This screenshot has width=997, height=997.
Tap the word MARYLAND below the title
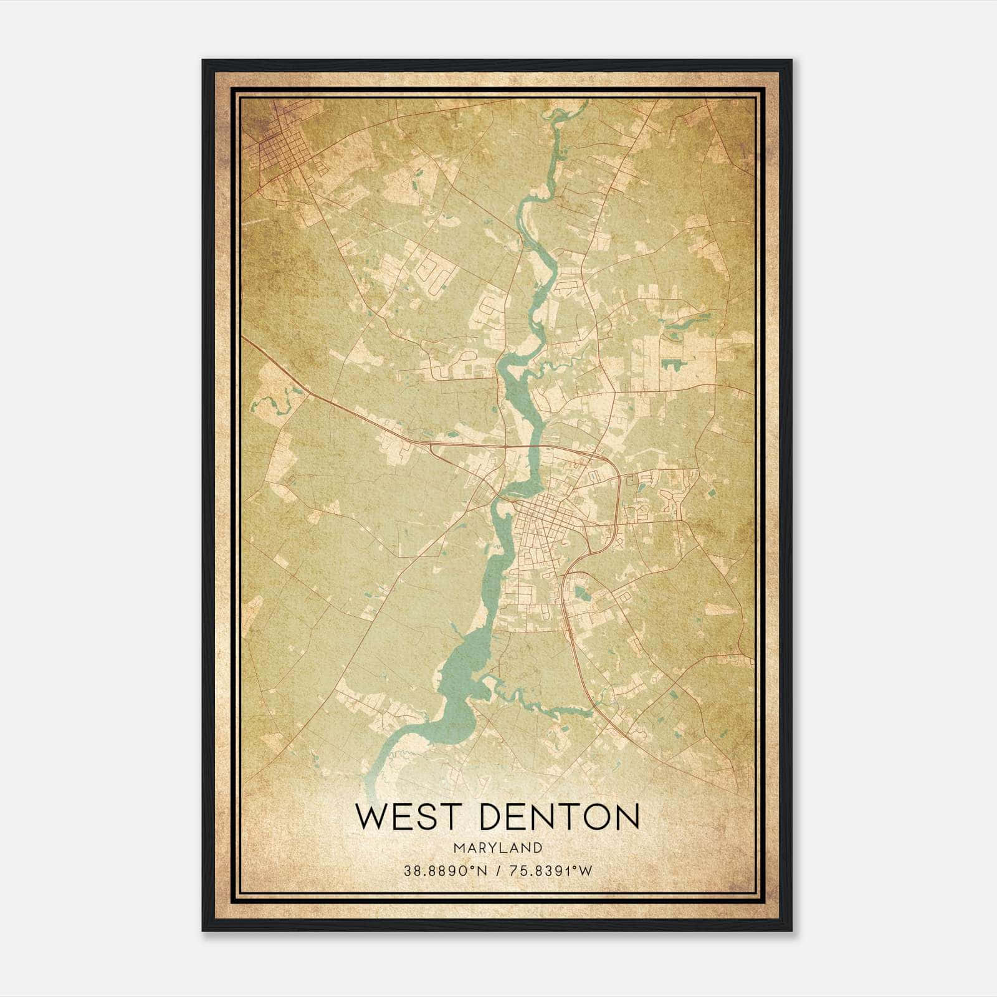pos(497,847)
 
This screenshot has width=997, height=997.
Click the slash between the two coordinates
pos(498,871)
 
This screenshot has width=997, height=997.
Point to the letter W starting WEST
pos(371,816)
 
